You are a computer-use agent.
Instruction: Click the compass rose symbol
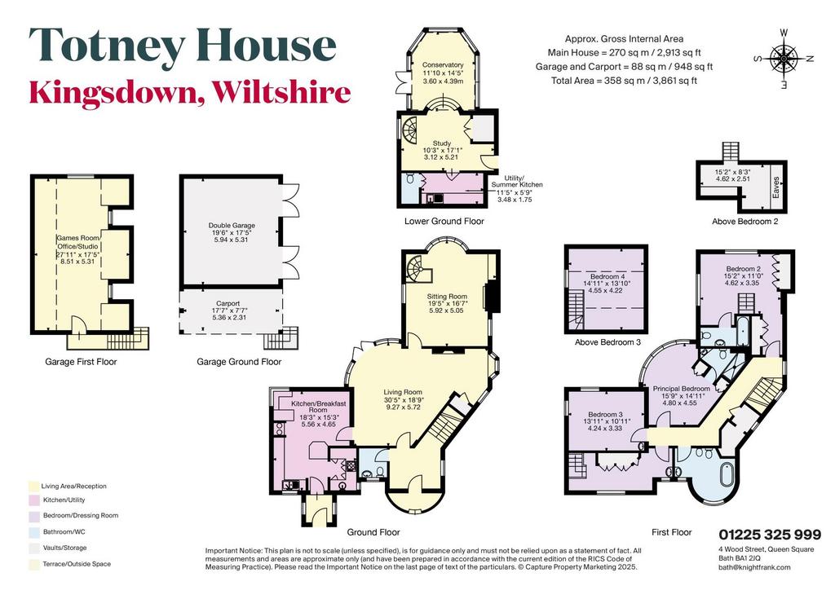click(x=784, y=58)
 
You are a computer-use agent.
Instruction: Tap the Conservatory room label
click(x=443, y=65)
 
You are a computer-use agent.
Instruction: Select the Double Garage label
click(x=232, y=225)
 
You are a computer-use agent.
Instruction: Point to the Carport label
click(x=228, y=303)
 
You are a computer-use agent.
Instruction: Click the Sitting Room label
click(x=447, y=296)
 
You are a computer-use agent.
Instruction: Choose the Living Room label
click(x=403, y=392)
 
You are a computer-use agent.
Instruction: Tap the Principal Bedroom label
click(x=681, y=389)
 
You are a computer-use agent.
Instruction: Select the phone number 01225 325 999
click(x=770, y=535)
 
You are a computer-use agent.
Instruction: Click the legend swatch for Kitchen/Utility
click(x=34, y=500)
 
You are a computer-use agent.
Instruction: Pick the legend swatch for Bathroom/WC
click(x=34, y=532)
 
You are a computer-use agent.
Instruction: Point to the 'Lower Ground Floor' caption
click(x=444, y=221)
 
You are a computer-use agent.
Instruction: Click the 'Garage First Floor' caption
click(x=81, y=362)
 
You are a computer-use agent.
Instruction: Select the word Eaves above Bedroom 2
click(x=776, y=187)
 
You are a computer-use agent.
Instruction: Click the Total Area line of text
click(x=624, y=81)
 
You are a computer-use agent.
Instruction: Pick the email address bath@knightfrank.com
click(x=754, y=567)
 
